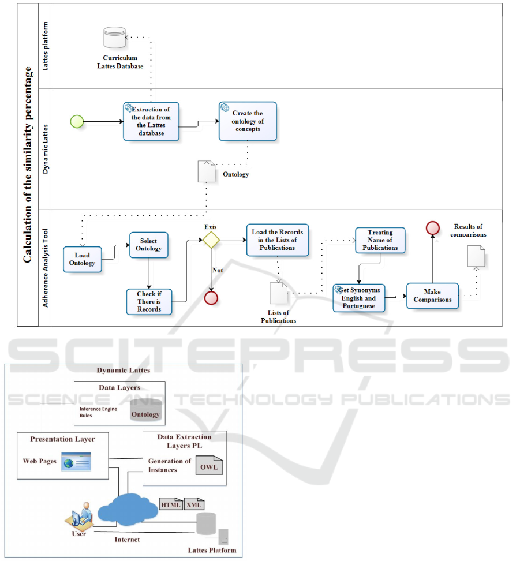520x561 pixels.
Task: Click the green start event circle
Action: click(x=77, y=121)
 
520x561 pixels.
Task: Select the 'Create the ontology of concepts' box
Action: click(x=248, y=121)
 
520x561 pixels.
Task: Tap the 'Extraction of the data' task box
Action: click(x=151, y=121)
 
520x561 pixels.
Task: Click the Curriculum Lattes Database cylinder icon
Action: click(x=114, y=39)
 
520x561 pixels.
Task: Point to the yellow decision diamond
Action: click(x=211, y=240)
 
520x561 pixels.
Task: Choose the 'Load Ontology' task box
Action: click(x=82, y=259)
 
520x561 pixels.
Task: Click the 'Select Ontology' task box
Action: click(x=149, y=245)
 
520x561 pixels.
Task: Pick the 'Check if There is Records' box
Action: click(x=149, y=301)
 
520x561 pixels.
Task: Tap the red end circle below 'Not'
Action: click(x=211, y=297)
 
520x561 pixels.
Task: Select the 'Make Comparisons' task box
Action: click(x=432, y=296)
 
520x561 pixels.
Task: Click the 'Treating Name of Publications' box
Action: click(x=380, y=241)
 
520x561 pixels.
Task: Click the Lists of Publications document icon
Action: click(x=279, y=293)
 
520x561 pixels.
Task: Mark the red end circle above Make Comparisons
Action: click(x=432, y=227)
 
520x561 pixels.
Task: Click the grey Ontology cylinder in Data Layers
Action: click(x=145, y=410)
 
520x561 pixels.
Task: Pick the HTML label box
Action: click(x=171, y=505)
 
